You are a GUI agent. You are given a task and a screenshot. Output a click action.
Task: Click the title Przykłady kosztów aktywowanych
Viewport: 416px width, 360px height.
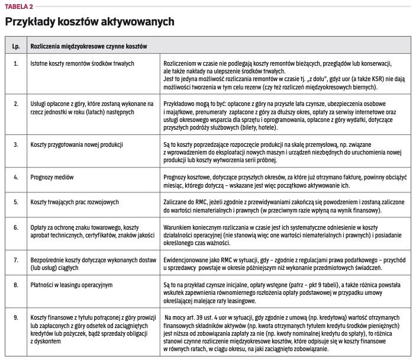coord(89,22)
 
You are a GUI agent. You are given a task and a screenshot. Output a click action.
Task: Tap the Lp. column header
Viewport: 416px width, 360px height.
coord(16,45)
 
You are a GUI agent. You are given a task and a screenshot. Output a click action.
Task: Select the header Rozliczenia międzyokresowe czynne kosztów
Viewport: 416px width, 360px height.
coord(89,45)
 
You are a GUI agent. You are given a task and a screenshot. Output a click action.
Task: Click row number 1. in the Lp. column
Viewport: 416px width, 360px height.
coord(16,62)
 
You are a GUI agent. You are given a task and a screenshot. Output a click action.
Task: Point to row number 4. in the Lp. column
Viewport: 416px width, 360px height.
coord(16,177)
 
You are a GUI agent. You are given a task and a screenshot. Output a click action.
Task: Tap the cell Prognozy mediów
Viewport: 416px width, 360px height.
coord(54,177)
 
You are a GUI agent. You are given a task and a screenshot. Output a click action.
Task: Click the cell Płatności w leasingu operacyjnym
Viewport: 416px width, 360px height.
coord(71,285)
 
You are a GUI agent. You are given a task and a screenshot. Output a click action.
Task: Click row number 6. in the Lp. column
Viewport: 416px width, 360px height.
coord(16,227)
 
